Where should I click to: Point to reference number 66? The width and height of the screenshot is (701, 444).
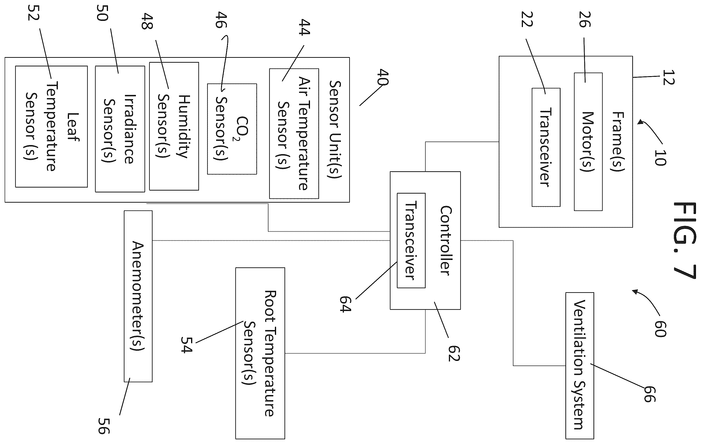point(650,394)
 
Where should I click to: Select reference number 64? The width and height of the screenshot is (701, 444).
point(345,304)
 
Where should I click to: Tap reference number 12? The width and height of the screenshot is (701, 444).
point(668,77)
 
